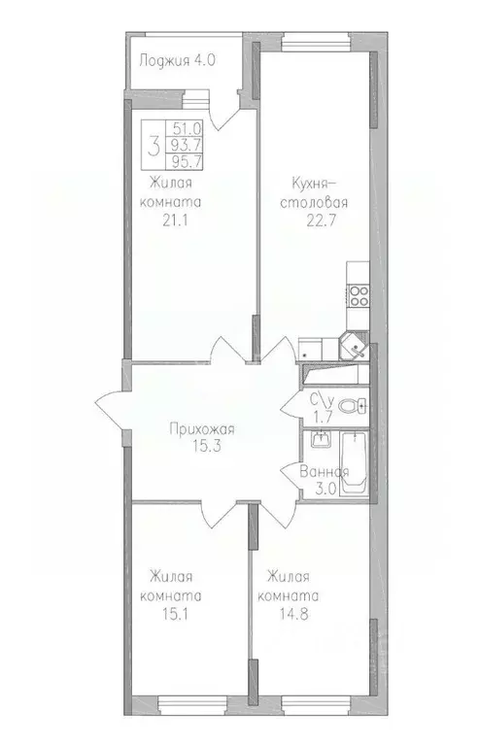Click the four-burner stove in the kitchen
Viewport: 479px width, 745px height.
coord(358,294)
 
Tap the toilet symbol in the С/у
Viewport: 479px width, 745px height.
coord(358,406)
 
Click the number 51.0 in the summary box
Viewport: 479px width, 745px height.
coord(181,127)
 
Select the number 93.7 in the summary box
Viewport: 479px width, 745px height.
coord(181,146)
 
